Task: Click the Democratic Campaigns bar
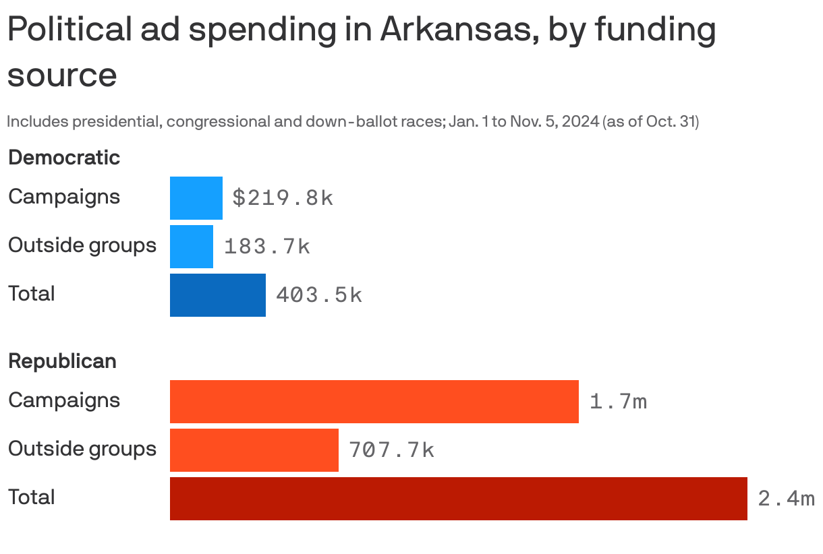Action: pos(196,197)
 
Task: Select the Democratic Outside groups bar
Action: pos(191,246)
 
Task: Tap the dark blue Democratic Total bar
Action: pos(217,295)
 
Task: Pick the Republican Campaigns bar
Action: pos(374,401)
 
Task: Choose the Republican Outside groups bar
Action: pos(254,450)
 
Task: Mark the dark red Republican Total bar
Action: pos(458,498)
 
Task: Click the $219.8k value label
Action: pos(283,197)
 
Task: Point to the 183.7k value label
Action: pos(266,247)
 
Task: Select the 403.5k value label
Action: pos(318,295)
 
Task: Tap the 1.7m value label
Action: pos(618,402)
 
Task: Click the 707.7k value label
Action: pos(391,450)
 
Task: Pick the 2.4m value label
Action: pos(786,499)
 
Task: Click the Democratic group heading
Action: pos(64,158)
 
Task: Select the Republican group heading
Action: pos(62,361)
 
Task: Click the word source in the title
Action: pos(62,75)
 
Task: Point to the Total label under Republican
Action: pos(31,497)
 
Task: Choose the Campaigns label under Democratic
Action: pos(64,197)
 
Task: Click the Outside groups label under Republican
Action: pos(82,449)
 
